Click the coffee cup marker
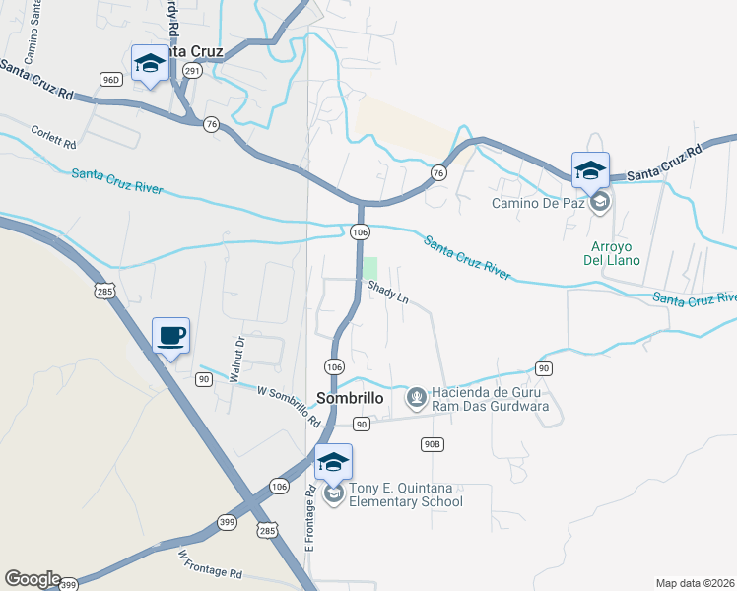click(170, 336)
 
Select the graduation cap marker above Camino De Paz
click(590, 170)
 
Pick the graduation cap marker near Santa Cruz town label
click(150, 64)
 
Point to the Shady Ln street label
click(388, 292)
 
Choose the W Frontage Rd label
click(210, 564)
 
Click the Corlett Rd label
click(53, 137)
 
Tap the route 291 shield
click(192, 71)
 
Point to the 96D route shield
click(110, 80)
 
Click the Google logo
click(33, 579)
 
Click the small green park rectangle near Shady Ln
click(370, 268)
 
